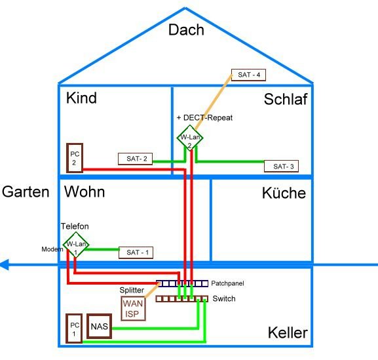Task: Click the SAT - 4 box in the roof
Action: point(248,75)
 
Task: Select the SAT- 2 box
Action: point(135,159)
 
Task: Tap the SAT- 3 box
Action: point(281,166)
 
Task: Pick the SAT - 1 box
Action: point(136,252)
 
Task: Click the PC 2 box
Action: point(75,158)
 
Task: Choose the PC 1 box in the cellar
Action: point(74,329)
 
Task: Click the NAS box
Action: point(100,326)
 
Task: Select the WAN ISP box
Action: point(133,309)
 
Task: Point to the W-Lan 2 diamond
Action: point(190,138)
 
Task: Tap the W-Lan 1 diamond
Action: point(76,245)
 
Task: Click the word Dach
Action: point(186,30)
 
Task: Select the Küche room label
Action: point(284,193)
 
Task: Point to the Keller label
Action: point(288,332)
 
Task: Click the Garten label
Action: point(26,192)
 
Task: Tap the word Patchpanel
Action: point(227,283)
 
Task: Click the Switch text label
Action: point(224,299)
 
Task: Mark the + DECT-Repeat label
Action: point(204,118)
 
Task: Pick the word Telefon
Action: point(75,226)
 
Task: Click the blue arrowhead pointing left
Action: point(5,265)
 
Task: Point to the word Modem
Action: point(52,249)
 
